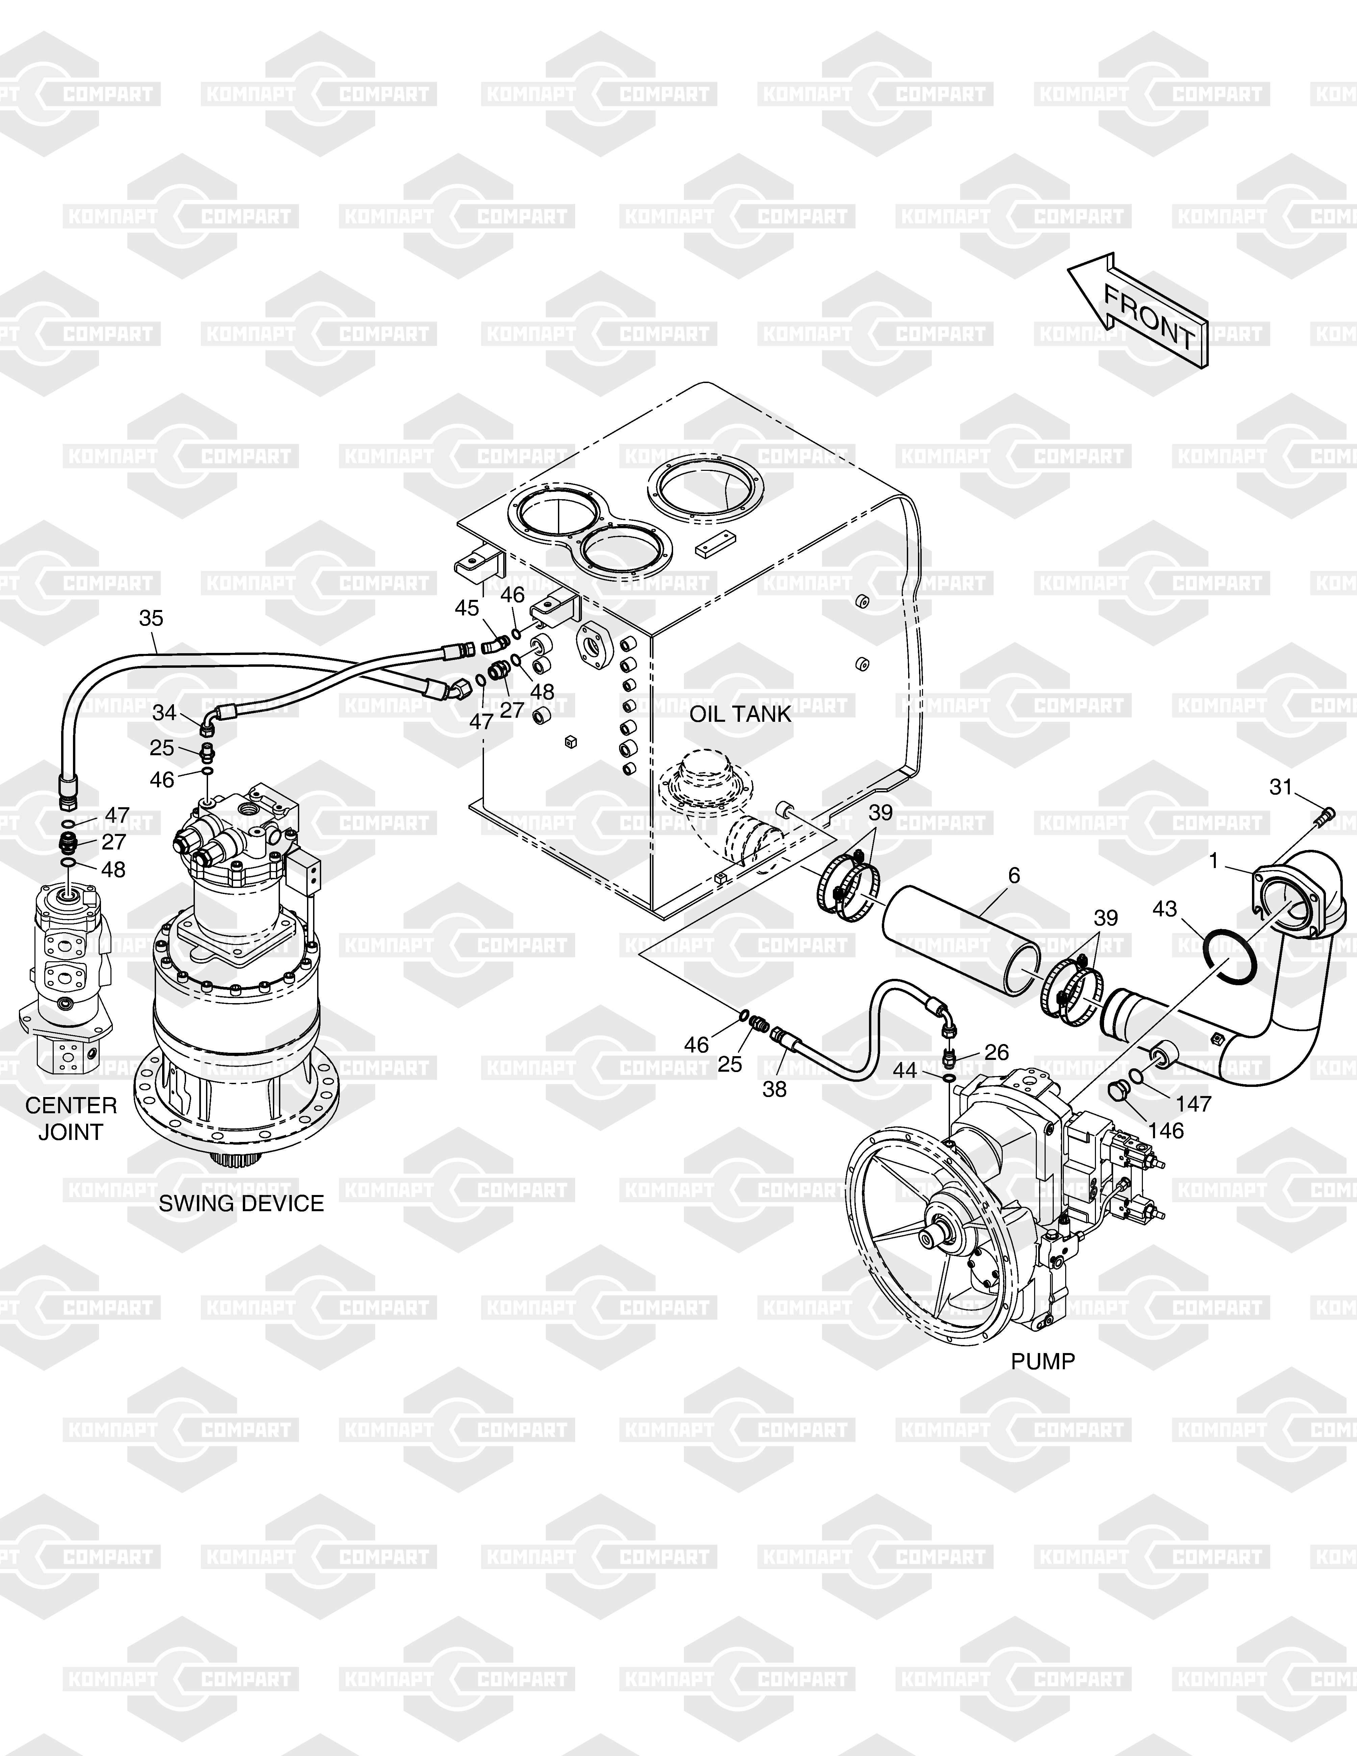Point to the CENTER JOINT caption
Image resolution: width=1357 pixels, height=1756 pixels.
click(71, 1118)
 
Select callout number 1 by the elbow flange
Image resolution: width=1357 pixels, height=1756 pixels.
click(1214, 861)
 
